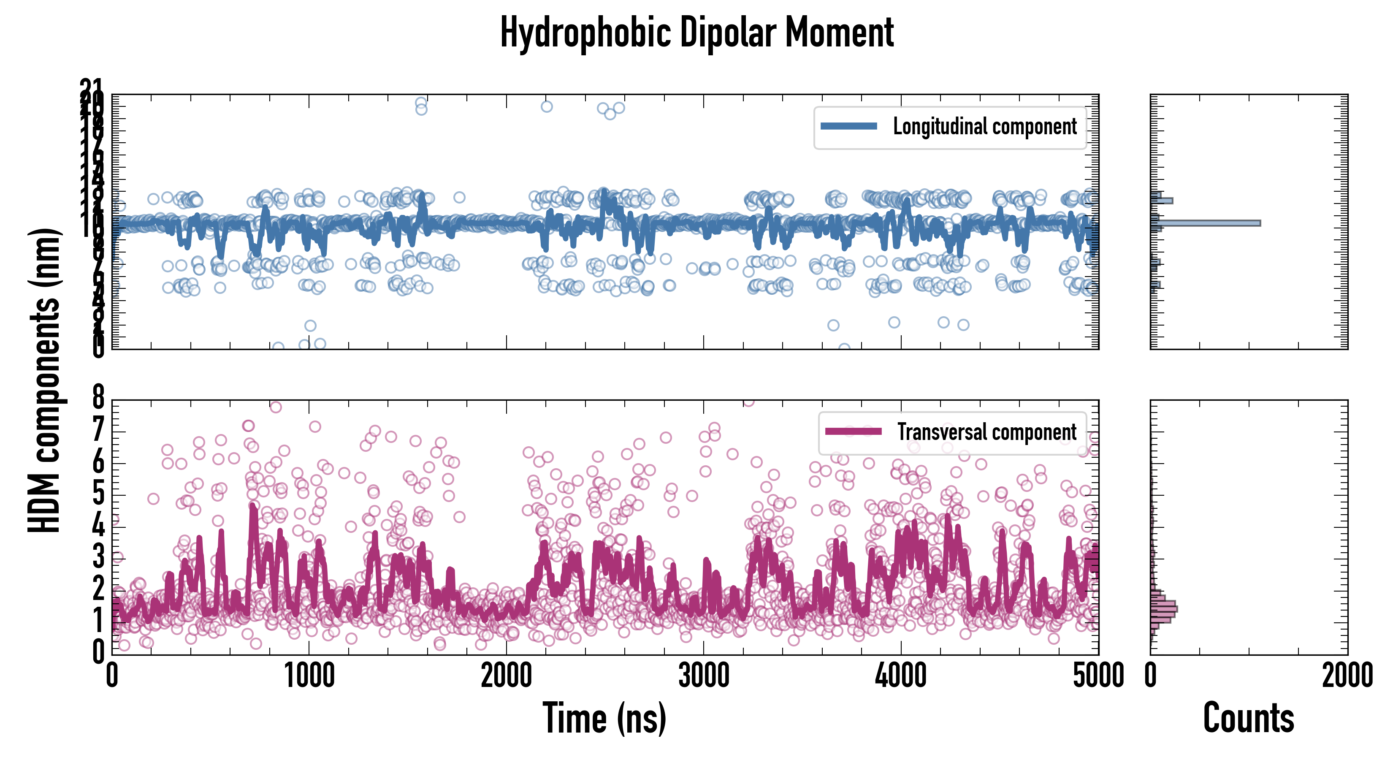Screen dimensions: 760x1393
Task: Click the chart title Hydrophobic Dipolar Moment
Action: tap(696, 33)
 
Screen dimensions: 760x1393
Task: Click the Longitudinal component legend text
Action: tap(984, 127)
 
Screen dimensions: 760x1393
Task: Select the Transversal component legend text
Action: tap(986, 432)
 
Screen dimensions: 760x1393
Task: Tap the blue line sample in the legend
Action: tap(848, 127)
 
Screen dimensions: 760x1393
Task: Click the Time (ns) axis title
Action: tap(604, 718)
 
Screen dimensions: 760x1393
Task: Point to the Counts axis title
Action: tap(1248, 718)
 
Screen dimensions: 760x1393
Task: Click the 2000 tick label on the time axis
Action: tap(506, 676)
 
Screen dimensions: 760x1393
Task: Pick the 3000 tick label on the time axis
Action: tap(704, 676)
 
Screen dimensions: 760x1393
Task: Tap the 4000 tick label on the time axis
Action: tap(901, 676)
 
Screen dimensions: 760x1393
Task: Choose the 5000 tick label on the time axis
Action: tap(1098, 676)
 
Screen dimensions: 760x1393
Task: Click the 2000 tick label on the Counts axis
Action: tap(1347, 676)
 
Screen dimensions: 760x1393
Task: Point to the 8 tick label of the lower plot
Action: tap(98, 399)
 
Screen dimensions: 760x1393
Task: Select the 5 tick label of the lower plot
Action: tap(98, 494)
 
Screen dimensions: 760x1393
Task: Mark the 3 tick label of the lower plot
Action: tap(98, 556)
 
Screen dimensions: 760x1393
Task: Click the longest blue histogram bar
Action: tap(1206, 223)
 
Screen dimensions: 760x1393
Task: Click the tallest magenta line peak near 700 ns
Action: tap(252, 507)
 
